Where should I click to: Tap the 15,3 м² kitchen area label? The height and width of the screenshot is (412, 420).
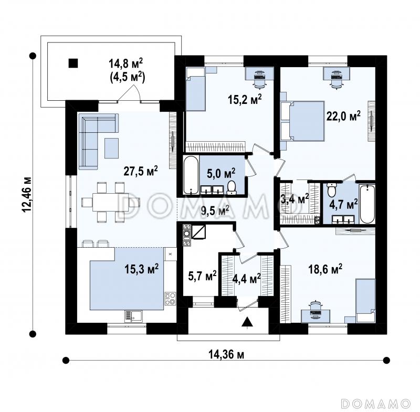coord(141,269)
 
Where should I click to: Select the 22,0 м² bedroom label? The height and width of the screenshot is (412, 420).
coord(343,117)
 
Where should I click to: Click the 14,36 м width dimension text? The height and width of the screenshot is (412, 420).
coord(226,355)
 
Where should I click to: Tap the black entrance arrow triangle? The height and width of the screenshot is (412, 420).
coord(247,321)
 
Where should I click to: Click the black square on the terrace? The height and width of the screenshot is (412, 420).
coord(73,63)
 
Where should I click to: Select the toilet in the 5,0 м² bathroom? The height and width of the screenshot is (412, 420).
coord(231,187)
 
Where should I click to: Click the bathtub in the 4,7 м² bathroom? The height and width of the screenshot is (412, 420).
coord(367,204)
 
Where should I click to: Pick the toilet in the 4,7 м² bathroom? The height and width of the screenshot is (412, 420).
coord(332,190)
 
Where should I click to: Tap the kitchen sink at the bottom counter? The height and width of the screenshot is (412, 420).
coord(133,316)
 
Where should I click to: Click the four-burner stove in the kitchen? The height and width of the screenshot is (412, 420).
coord(170,299)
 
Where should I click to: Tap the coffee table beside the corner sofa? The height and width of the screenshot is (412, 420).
coord(111,148)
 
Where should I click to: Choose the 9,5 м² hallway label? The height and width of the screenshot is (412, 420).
coord(215,210)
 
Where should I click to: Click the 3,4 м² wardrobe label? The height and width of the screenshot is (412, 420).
coord(294,198)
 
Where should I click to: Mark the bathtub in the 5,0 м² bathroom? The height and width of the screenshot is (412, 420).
coord(191,175)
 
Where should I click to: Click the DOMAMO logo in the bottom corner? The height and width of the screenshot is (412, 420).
coord(376,403)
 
